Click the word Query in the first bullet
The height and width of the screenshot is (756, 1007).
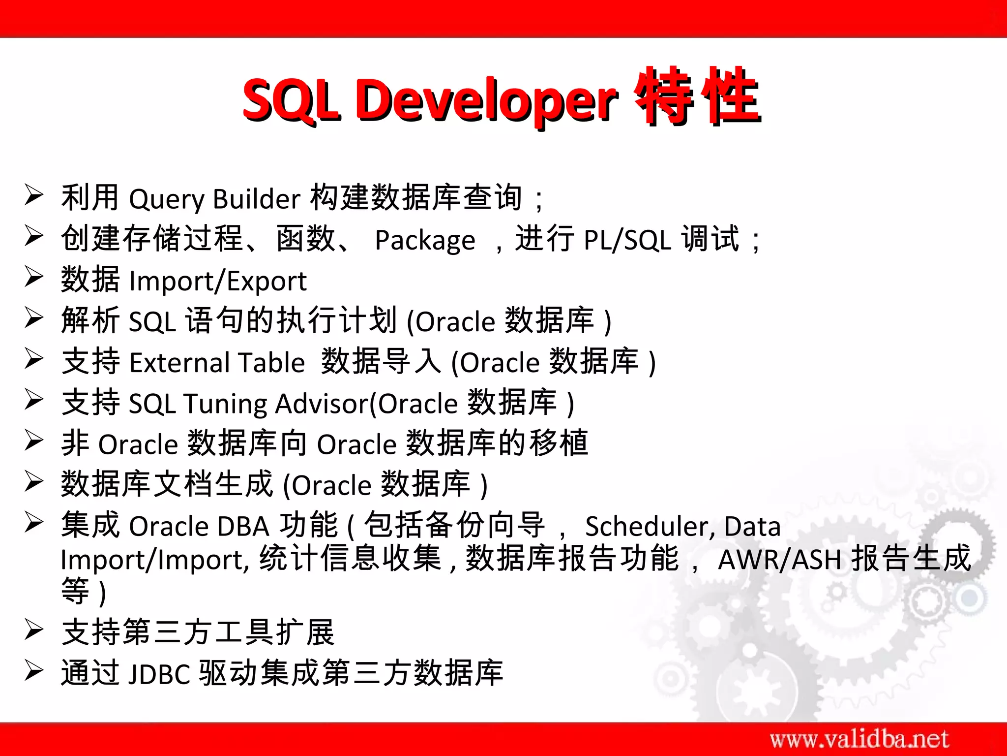coord(166,199)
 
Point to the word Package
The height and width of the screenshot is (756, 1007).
coord(425,241)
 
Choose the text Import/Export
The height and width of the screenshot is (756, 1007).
coord(217,282)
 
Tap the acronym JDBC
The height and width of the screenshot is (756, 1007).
coord(159,674)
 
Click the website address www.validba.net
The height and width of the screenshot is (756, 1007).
coord(859,739)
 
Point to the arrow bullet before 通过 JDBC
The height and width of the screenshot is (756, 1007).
coord(34,670)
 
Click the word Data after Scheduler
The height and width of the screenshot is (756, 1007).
coord(752,526)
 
